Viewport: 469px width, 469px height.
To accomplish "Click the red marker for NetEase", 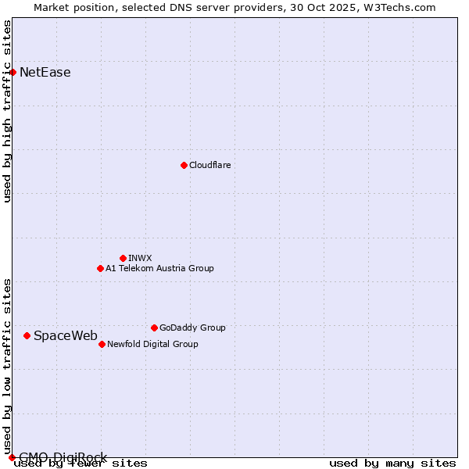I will pos(13,72).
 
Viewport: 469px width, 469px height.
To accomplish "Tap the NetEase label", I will pos(45,73).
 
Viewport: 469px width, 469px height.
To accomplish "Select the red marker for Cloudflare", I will pos(184,165).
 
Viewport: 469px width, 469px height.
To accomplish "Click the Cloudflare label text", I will pos(209,165).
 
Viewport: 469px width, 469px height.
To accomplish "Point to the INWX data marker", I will pos(123,258).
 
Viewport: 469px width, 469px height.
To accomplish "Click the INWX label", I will pos(140,258).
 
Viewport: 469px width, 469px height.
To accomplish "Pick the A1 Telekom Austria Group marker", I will pos(100,268).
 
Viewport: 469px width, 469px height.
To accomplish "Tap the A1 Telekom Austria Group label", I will pos(159,268).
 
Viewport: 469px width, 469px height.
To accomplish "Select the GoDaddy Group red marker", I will pos(154,328).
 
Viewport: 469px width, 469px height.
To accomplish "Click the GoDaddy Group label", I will pos(192,328).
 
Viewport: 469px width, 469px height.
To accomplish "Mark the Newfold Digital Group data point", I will pos(102,344).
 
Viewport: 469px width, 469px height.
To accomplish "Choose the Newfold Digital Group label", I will pos(152,344).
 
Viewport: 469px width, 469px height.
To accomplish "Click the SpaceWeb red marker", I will pos(27,335).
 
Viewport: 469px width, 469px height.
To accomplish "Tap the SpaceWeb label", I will pos(66,335).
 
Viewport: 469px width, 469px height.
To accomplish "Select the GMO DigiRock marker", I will pos(12,457).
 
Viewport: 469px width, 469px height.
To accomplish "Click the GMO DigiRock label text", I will pos(63,457).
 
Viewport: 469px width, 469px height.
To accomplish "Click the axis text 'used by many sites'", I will pos(392,464).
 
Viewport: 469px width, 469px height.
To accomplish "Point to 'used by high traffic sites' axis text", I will pos(8,111).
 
